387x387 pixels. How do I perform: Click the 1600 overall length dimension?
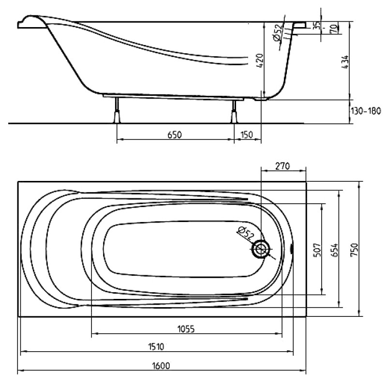[x=161, y=366]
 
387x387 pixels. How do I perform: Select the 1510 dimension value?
[x=156, y=347]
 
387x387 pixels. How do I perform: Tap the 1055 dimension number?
[x=186, y=329]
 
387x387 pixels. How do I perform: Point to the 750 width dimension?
[x=354, y=250]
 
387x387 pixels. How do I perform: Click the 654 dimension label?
[x=335, y=250]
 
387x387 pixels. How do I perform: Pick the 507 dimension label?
[x=317, y=250]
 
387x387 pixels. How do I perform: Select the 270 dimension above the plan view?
[x=283, y=166]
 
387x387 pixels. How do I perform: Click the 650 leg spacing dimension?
[x=175, y=135]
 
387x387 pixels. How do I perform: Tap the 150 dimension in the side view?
[x=247, y=135]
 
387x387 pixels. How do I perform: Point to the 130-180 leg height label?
[x=366, y=111]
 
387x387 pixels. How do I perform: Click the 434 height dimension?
[x=346, y=62]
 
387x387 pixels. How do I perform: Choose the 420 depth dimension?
[x=260, y=60]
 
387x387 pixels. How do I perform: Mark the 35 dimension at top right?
[x=317, y=26]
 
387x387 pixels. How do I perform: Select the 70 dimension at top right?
[x=334, y=29]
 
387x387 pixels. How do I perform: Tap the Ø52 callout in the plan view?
[x=246, y=233]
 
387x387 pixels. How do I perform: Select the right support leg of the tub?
[x=234, y=112]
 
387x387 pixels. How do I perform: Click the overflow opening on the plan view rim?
[x=292, y=249]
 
